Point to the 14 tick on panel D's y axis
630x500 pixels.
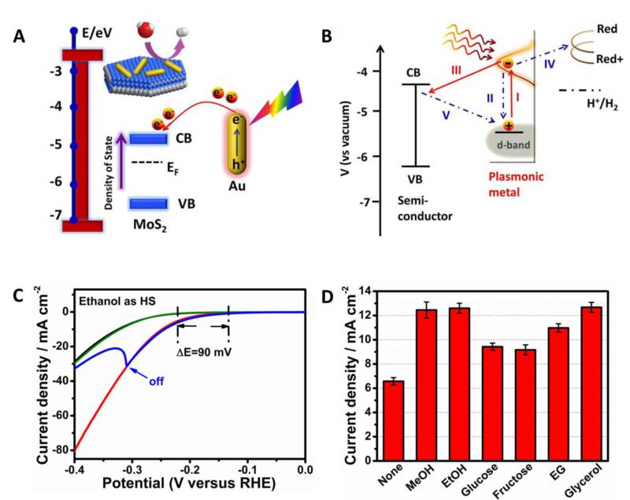(365, 291)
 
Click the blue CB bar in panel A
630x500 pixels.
(148, 139)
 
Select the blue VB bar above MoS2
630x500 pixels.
(148, 204)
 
